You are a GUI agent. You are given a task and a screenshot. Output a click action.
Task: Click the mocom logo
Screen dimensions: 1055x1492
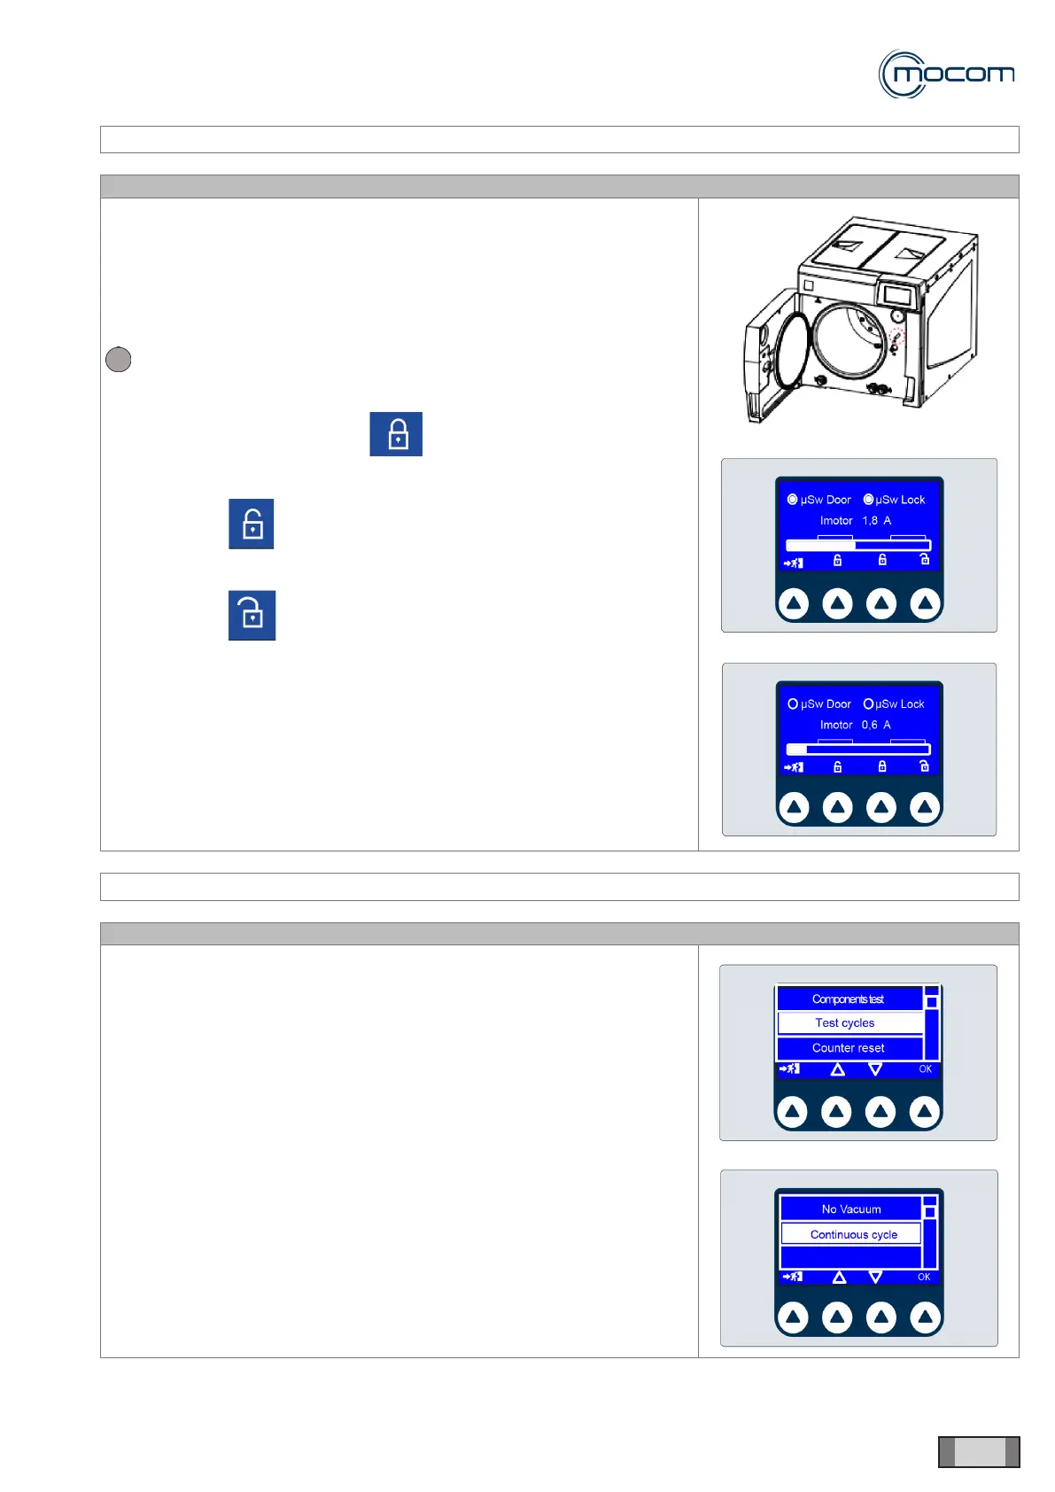click(x=946, y=74)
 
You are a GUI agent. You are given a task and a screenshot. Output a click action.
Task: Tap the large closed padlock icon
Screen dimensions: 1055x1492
click(x=396, y=434)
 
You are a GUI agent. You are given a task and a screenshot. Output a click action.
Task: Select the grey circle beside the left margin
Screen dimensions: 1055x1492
click(x=118, y=359)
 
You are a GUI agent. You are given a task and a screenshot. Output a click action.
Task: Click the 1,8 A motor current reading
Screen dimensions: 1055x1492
click(x=876, y=521)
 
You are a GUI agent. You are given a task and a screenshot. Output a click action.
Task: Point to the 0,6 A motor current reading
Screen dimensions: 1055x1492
click(x=876, y=725)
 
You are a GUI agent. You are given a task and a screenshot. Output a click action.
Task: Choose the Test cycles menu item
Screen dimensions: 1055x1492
click(x=845, y=1023)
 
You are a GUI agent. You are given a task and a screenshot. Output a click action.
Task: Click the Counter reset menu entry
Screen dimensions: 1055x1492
click(x=848, y=1048)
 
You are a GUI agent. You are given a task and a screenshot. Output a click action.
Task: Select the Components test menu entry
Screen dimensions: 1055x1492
click(x=848, y=999)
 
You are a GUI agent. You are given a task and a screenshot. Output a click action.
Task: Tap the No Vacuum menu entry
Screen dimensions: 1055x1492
click(x=851, y=1209)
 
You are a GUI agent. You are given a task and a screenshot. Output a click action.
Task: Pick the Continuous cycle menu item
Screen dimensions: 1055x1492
click(x=853, y=1234)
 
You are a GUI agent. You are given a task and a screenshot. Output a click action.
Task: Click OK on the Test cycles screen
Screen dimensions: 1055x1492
click(x=925, y=1069)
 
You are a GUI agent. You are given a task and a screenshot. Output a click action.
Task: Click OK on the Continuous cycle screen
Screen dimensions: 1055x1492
click(x=924, y=1278)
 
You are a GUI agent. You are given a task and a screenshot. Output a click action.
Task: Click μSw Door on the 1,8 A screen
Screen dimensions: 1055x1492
click(x=819, y=500)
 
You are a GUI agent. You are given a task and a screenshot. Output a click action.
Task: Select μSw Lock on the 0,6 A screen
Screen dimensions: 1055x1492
click(x=894, y=704)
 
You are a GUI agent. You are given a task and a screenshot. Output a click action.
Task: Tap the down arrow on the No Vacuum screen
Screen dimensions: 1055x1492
click(x=875, y=1278)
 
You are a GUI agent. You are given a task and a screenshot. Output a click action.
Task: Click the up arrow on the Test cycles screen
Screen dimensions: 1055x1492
click(x=837, y=1069)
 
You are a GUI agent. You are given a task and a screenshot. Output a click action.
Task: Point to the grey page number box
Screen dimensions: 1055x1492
click(x=979, y=1452)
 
